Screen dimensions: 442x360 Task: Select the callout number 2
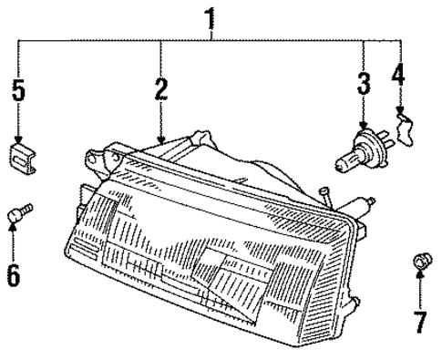click(161, 88)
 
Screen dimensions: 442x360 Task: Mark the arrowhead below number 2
click(161, 139)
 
